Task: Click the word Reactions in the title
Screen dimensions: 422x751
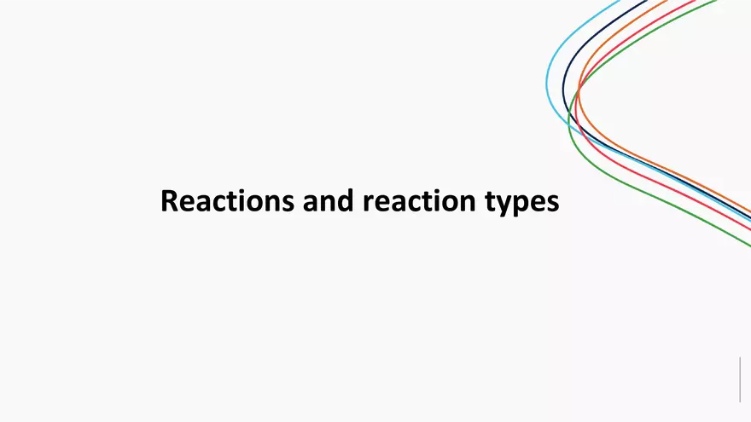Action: click(x=218, y=201)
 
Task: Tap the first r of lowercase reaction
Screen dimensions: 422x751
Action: click(x=367, y=203)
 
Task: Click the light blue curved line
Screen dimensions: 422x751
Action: click(x=547, y=81)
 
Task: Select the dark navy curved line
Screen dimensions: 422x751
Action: click(x=563, y=94)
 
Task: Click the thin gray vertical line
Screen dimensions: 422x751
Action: click(x=740, y=379)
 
